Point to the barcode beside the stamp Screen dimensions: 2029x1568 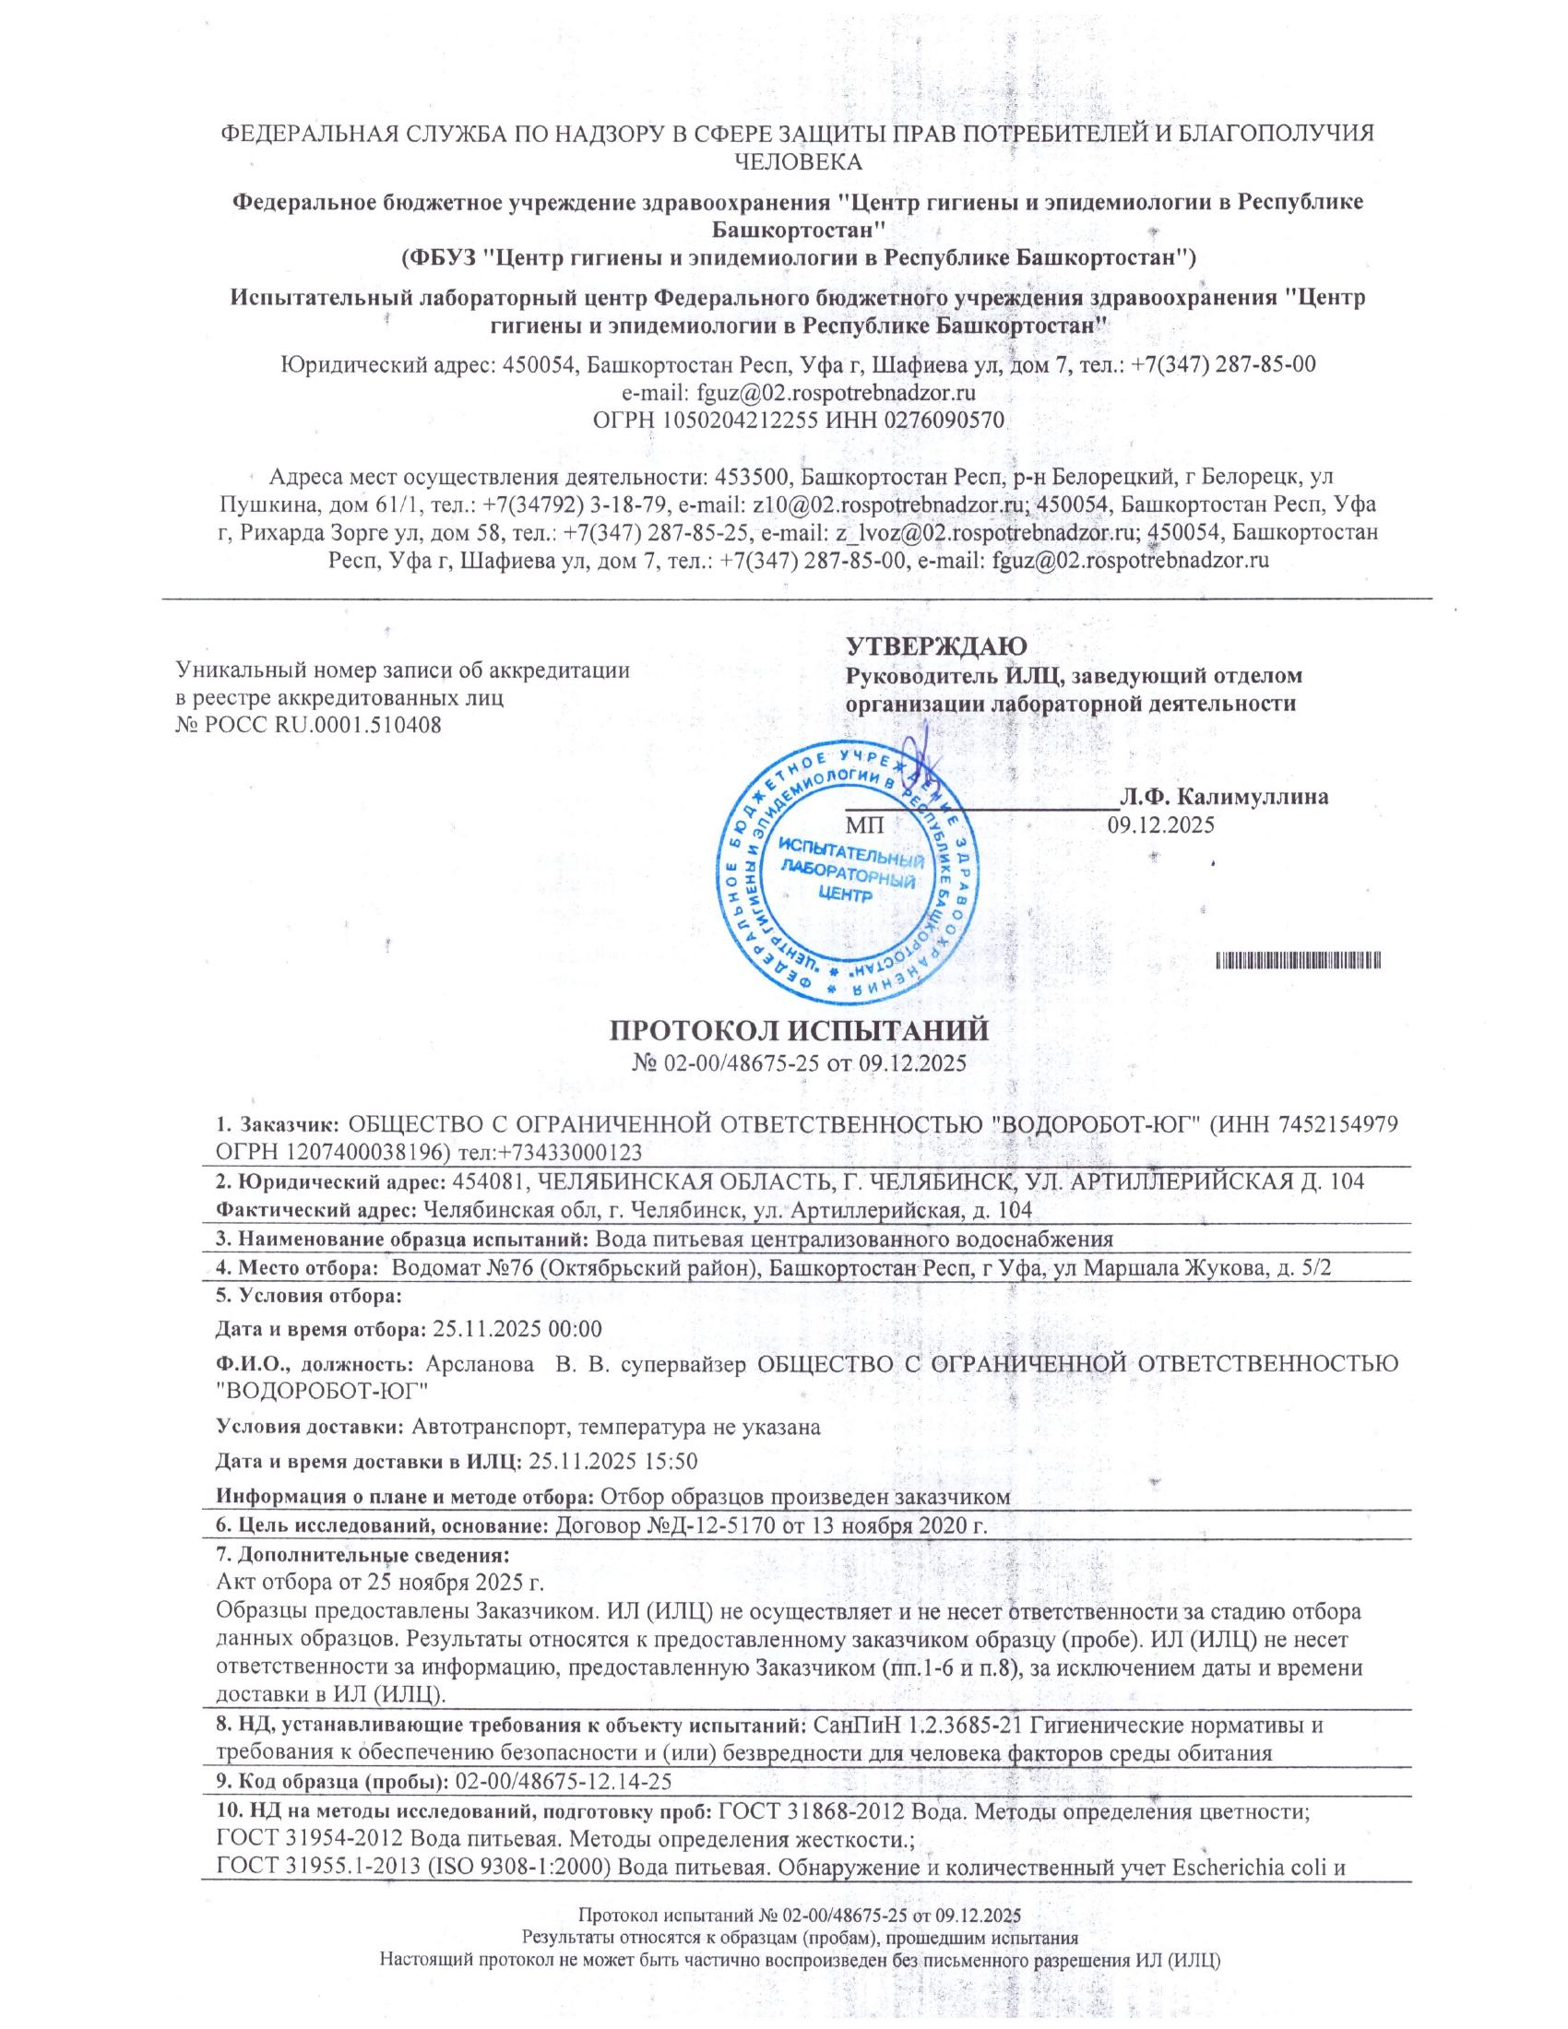[1299, 960]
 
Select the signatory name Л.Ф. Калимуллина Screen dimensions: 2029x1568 [1223, 796]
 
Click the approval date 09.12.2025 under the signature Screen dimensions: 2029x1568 [1160, 824]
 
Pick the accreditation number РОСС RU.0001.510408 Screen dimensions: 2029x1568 [308, 724]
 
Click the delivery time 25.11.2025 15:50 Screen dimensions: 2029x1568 [612, 1462]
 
